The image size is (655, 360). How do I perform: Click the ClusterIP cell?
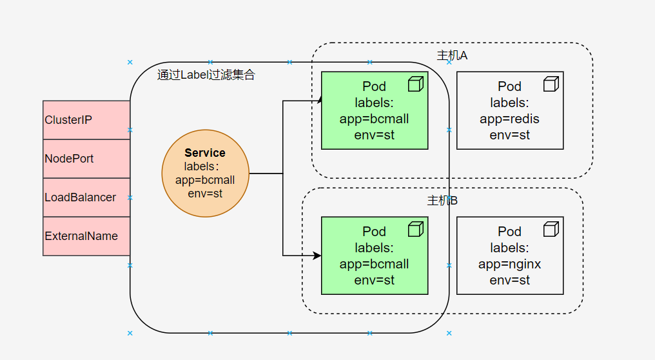[86, 120]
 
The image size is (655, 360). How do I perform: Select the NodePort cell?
[86, 159]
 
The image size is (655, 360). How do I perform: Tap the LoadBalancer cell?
[86, 197]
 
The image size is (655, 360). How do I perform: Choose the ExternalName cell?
[86, 236]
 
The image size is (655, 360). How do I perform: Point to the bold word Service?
[205, 153]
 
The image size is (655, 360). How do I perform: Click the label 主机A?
[452, 55]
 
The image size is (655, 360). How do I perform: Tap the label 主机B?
[442, 201]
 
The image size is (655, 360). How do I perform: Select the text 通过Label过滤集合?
[206, 75]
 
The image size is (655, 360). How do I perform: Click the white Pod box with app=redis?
[509, 110]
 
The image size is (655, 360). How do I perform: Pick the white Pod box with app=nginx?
[509, 255]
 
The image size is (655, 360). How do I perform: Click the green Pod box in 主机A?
[374, 110]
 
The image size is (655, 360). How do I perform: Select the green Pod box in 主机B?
[374, 255]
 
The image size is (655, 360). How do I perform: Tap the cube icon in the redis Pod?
[551, 84]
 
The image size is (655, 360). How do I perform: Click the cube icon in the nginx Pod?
[551, 229]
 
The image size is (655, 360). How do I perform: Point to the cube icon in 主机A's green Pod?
[415, 84]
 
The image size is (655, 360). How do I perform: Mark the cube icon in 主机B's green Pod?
[415, 229]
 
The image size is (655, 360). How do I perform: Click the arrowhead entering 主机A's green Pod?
[318, 100]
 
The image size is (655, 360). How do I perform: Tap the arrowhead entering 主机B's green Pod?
[317, 255]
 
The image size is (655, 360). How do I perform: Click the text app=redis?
[509, 119]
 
